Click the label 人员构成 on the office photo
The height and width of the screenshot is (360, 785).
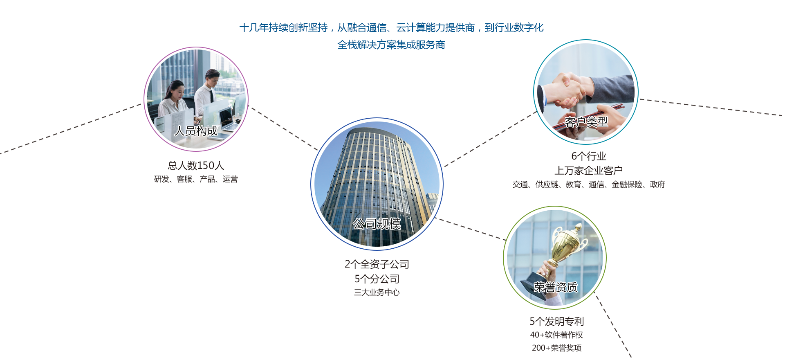pyautogui.click(x=196, y=131)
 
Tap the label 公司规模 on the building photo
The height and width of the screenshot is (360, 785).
pyautogui.click(x=377, y=224)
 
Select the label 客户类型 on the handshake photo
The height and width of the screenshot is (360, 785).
pyautogui.click(x=586, y=122)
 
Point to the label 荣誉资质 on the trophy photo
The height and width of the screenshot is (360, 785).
pyautogui.click(x=556, y=287)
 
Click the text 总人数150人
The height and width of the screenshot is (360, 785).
pyautogui.click(x=196, y=165)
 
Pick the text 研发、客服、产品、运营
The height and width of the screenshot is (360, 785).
pyautogui.click(x=196, y=179)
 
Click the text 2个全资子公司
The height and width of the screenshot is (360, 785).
pyautogui.click(x=377, y=264)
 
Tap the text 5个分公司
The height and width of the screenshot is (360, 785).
pyautogui.click(x=377, y=279)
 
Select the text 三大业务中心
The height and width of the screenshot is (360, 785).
pyautogui.click(x=377, y=292)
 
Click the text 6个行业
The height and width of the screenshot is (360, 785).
pyautogui.click(x=589, y=156)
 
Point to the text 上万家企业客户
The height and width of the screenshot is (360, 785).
pyautogui.click(x=589, y=171)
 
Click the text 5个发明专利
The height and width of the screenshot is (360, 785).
pyautogui.click(x=557, y=322)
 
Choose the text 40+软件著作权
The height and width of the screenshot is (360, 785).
pyautogui.click(x=557, y=335)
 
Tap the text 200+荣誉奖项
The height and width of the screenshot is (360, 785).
pyautogui.click(x=557, y=348)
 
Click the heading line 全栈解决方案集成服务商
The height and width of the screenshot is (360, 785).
pyautogui.click(x=391, y=45)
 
